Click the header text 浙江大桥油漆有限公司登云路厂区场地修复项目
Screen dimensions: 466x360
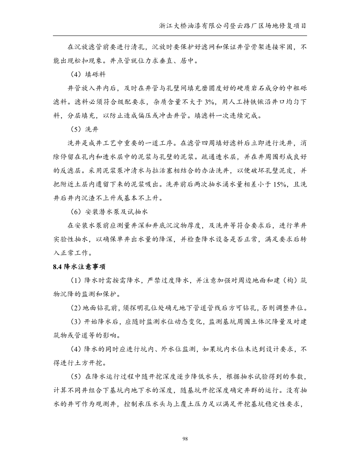pos(233,26)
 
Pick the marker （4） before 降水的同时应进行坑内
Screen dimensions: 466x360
pos(75,349)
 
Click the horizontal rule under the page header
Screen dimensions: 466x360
pos(180,35)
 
